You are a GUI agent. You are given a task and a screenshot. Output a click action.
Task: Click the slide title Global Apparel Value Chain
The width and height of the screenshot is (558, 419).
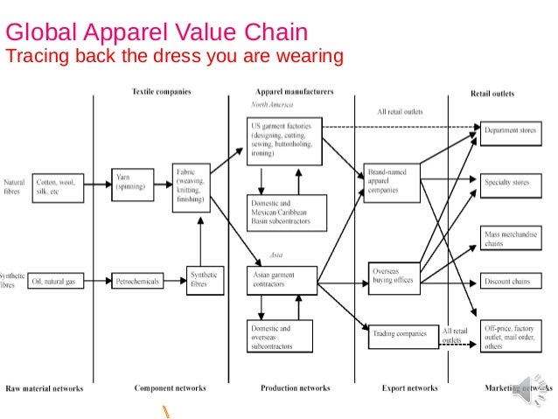(157, 33)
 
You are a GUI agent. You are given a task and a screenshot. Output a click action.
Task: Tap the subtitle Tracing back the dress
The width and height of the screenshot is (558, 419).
(175, 59)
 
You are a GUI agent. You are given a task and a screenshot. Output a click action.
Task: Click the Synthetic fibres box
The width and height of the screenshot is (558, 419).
(203, 280)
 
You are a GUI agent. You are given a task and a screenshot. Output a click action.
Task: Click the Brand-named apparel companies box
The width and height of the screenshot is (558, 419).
(391, 179)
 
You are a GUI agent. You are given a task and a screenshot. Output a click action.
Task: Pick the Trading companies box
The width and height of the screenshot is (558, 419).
(400, 333)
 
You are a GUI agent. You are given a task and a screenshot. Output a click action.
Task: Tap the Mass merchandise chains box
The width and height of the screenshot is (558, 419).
(505, 238)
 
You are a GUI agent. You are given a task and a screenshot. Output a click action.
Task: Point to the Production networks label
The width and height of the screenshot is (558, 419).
(295, 388)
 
